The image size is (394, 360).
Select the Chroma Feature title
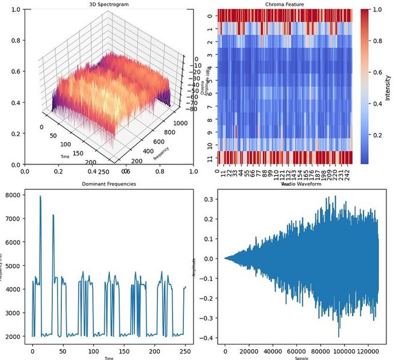284,4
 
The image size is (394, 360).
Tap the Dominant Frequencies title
108,184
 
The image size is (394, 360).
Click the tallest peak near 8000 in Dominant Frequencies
40,196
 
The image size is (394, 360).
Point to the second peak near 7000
53,215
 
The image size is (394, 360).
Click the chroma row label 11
208,158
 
